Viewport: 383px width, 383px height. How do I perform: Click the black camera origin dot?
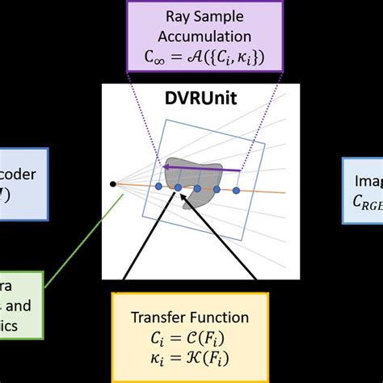click(x=112, y=184)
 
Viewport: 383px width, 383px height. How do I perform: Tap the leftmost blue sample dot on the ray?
click(x=158, y=187)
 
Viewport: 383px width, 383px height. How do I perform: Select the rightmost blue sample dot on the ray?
click(x=236, y=191)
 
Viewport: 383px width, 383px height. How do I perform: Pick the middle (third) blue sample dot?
click(x=196, y=188)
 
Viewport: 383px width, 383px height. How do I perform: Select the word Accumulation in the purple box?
click(x=191, y=37)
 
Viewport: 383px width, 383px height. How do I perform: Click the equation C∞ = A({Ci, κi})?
click(x=191, y=57)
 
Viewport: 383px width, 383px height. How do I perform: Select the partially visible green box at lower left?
click(x=19, y=305)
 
